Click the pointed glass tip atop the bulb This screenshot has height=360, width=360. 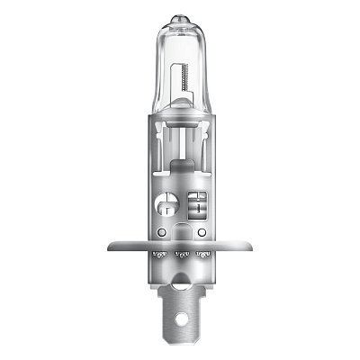[180, 17]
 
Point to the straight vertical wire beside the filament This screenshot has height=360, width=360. [175, 90]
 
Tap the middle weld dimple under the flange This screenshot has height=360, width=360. [180, 255]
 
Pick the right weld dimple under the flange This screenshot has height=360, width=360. [206, 254]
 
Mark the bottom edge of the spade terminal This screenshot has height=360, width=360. [180, 342]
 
